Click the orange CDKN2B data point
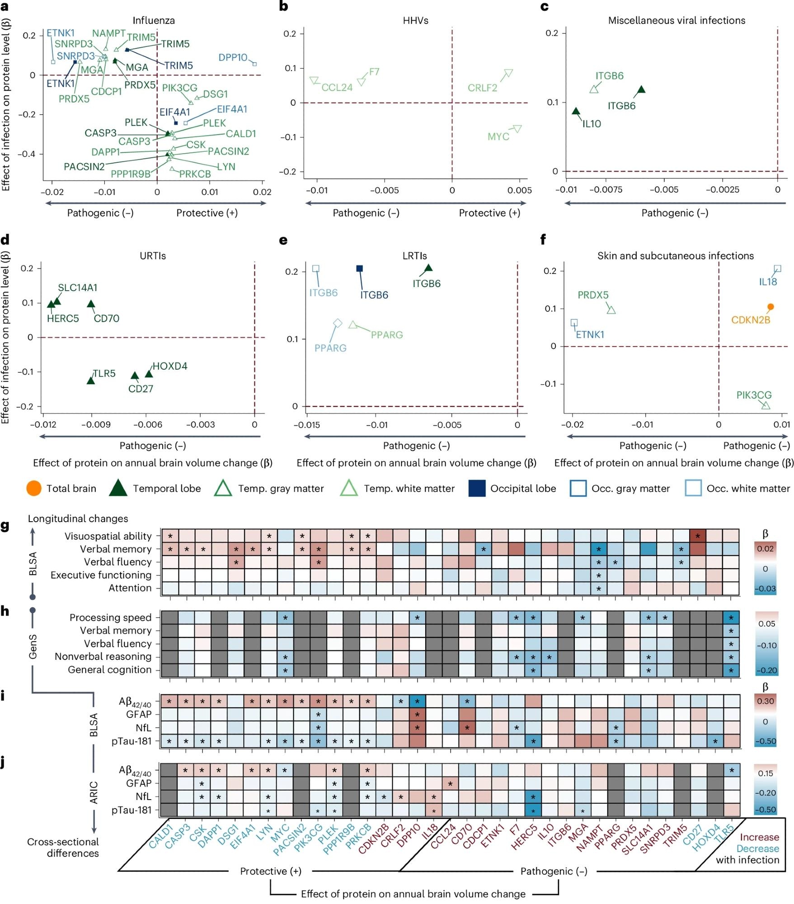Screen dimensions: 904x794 771,307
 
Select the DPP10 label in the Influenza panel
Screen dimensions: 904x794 233,57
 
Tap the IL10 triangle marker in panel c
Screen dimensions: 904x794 576,111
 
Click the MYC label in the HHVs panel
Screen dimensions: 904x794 498,137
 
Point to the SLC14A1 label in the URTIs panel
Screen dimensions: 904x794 77,287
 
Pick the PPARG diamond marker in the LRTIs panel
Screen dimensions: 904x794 338,323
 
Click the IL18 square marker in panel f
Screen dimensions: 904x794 777,268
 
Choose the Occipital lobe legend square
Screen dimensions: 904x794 477,488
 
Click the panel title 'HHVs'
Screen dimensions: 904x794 415,20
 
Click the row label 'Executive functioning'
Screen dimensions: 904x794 101,575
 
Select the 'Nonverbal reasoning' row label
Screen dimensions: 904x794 103,656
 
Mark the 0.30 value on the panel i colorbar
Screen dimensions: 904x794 765,701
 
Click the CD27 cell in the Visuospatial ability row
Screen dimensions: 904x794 698,536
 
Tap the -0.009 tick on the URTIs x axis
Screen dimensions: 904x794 95,424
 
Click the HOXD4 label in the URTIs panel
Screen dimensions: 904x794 169,366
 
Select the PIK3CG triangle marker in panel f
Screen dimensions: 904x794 766,405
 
